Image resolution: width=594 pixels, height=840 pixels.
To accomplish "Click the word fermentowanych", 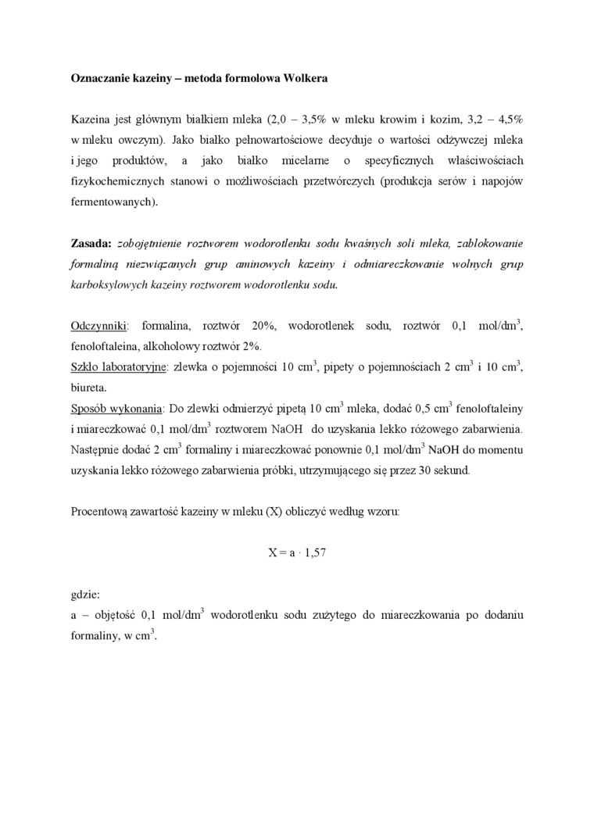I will click(113, 202).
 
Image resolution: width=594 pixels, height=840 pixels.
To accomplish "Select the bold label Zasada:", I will click(91, 243).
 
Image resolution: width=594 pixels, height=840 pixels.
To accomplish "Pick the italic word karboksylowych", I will click(109, 284).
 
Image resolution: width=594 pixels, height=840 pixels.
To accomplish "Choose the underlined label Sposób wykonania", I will click(116, 409).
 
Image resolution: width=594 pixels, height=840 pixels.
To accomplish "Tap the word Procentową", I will click(101, 512).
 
